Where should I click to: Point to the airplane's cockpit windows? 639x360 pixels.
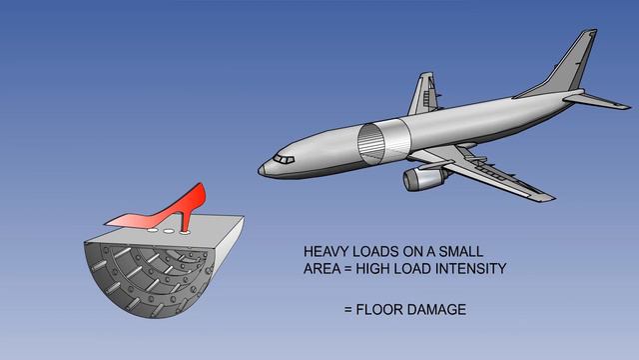[285, 159]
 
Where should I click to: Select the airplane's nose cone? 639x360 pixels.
[264, 169]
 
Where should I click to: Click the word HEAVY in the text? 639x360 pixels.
[326, 253]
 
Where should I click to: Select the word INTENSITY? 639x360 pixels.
[471, 269]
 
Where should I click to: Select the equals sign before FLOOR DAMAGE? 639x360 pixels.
[348, 310]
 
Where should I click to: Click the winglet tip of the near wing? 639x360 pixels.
[550, 198]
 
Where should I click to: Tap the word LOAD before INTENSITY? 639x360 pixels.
[418, 269]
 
